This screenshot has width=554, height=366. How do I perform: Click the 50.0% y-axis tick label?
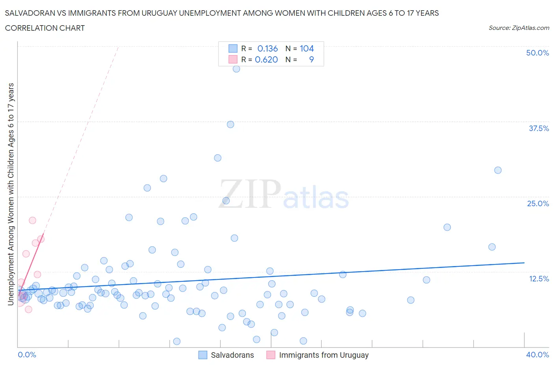click(537, 53)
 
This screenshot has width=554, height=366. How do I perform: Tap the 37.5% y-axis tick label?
click(539, 128)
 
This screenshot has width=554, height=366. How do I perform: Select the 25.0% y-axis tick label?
click(538, 203)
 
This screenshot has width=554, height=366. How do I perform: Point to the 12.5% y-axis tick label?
click(539, 279)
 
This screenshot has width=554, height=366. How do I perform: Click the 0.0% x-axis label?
click(27, 355)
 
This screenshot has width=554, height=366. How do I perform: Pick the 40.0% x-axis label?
click(537, 355)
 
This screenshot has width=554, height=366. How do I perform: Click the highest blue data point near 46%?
click(236, 69)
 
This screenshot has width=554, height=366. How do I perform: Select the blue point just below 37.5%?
click(231, 124)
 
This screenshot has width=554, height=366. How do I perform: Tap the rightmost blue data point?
click(498, 170)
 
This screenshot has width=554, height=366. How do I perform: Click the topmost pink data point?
click(33, 220)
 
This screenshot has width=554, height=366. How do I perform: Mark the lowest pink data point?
click(28, 309)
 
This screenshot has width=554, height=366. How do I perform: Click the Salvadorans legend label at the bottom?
click(232, 355)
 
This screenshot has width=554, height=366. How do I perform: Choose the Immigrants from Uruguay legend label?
click(323, 355)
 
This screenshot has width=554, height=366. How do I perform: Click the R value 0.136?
click(268, 48)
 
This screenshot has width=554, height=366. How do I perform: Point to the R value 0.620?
click(266, 59)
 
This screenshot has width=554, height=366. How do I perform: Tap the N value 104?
click(307, 48)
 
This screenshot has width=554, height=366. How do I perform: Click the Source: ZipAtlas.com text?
click(519, 28)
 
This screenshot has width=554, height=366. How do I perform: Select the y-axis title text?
click(11, 194)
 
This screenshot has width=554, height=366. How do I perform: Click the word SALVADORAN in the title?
click(30, 13)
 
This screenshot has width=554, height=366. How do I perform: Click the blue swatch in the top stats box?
click(233, 48)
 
